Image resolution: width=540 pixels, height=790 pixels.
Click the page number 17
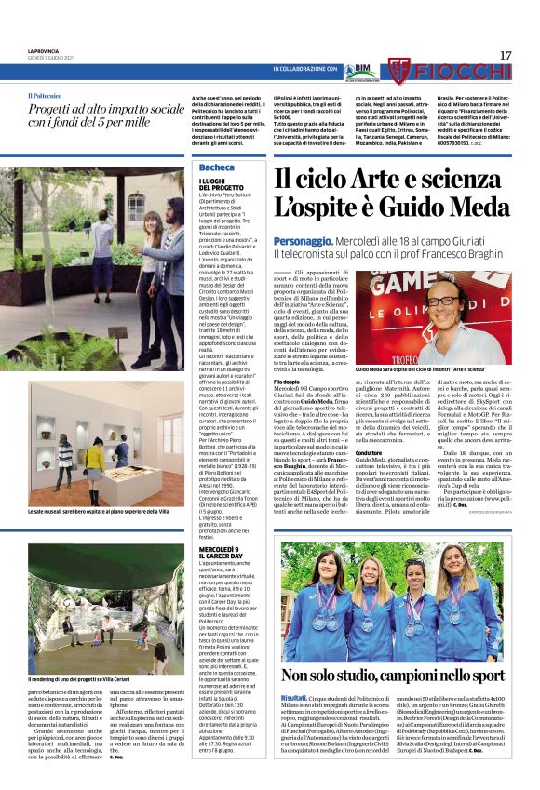(x=506, y=55)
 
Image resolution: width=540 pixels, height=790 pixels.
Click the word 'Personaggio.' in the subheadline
(x=302, y=239)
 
